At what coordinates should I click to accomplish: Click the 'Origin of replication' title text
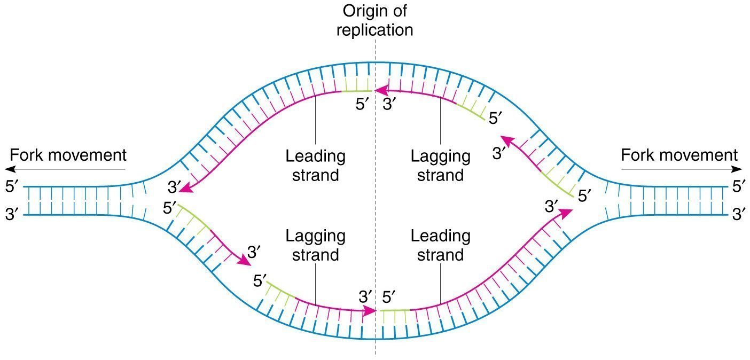pyautogui.click(x=374, y=20)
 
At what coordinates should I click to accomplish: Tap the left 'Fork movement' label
pyautogui.click(x=68, y=155)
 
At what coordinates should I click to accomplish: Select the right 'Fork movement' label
pyautogui.click(x=679, y=155)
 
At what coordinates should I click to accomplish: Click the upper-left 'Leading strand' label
pyautogui.click(x=315, y=166)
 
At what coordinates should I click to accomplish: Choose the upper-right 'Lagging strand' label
pyautogui.click(x=440, y=166)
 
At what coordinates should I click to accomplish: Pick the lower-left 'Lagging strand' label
pyautogui.click(x=315, y=245)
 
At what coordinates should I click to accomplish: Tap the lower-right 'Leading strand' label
pyautogui.click(x=440, y=245)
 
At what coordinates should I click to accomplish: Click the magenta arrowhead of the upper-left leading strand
pyautogui.click(x=186, y=189)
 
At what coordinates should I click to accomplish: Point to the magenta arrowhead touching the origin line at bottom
pyautogui.click(x=370, y=311)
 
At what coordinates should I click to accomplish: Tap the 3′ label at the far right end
pyautogui.click(x=739, y=214)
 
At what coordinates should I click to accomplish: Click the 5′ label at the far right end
pyautogui.click(x=739, y=186)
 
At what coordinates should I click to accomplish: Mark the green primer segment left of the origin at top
pyautogui.click(x=356, y=91)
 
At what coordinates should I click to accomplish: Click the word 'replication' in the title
pyautogui.click(x=374, y=30)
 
